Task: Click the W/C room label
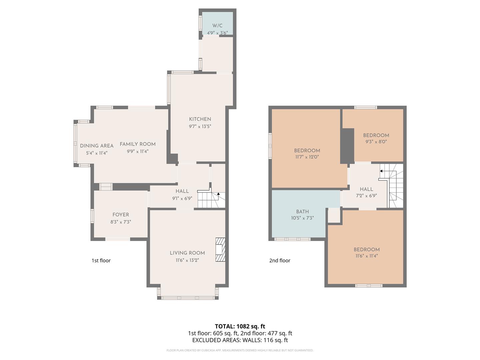(x=217, y=26)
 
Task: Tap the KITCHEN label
(x=200, y=119)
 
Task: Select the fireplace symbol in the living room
(x=220, y=249)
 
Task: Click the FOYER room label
(x=121, y=215)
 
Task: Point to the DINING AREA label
(x=97, y=146)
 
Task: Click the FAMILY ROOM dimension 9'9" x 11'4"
(x=138, y=151)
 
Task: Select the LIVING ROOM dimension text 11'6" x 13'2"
(x=187, y=260)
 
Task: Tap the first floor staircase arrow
(x=218, y=193)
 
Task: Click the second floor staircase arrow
(x=381, y=171)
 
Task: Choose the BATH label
(x=302, y=211)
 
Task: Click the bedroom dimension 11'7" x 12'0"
(x=307, y=157)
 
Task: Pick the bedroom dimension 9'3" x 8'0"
(x=376, y=142)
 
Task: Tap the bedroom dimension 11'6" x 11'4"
(x=367, y=256)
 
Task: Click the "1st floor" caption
(x=101, y=260)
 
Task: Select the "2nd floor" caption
(x=280, y=260)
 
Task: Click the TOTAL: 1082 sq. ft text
(x=240, y=326)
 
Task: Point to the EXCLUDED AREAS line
(x=240, y=340)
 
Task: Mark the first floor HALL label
(x=182, y=191)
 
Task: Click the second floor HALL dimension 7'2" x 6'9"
(x=366, y=196)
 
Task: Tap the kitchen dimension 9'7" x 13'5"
(x=200, y=126)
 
